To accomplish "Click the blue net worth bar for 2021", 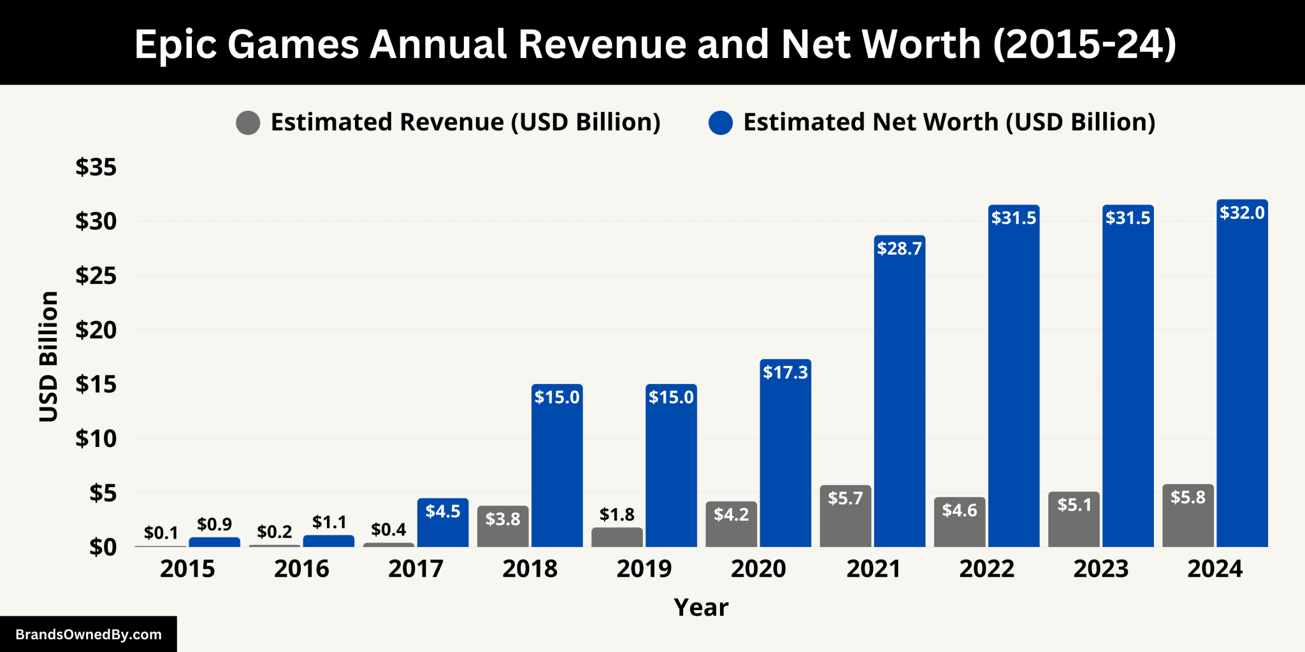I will pos(899,395).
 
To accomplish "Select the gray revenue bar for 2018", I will pos(503,528).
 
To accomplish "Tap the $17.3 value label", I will pos(785,372).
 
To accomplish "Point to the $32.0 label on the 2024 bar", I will pos(1242,213).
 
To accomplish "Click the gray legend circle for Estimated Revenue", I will pos(248,122).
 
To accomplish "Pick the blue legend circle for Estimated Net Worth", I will pos(721,122).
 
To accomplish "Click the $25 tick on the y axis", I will pos(96,276).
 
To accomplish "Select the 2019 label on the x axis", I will pos(644,569).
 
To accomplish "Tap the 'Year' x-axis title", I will pos(701,607).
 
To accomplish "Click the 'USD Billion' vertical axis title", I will pos(49,357).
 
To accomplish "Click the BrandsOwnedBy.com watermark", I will pos(89,634).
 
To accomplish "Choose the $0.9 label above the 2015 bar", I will pos(214,524).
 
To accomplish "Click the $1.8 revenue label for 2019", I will pos(617,514).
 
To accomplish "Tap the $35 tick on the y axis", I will pos(96,167).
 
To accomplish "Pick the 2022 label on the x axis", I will pos(986,569).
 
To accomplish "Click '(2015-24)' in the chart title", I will pos(1085,45).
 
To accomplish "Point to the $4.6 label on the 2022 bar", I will pos(960,510).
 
